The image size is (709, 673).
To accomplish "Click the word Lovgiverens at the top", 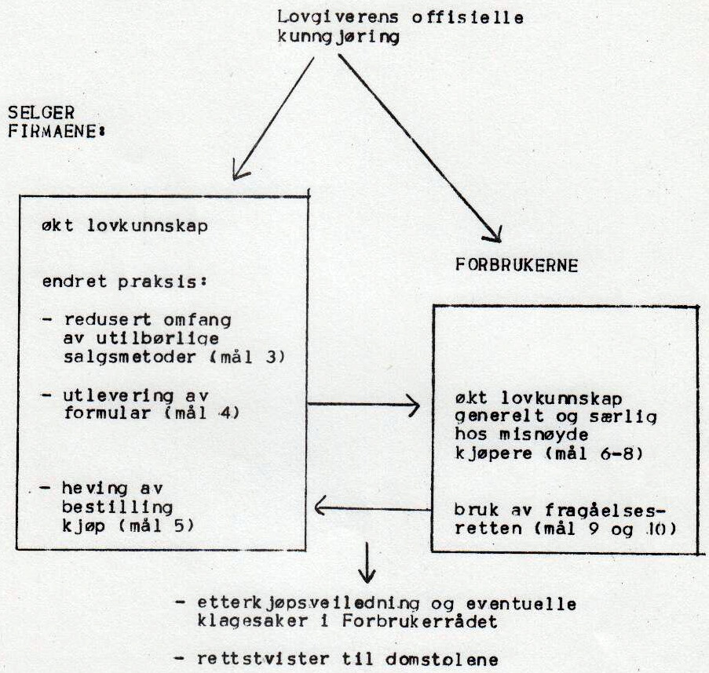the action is click(x=338, y=17).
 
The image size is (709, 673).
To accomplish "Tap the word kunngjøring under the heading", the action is click(x=338, y=37).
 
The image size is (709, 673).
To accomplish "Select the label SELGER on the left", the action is click(x=41, y=112).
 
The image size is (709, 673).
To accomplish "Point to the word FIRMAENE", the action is click(x=53, y=131).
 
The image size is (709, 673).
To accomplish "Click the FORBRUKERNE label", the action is click(x=517, y=264).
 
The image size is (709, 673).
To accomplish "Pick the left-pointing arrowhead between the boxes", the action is click(x=322, y=507).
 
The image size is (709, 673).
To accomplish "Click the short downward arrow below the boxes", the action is click(x=367, y=562).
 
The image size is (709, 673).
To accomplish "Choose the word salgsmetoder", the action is click(x=130, y=357).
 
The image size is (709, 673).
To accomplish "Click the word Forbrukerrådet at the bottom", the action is click(x=419, y=621).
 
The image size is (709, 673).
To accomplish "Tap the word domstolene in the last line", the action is click(x=442, y=660).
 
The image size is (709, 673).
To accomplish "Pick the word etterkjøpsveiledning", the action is click(x=309, y=604).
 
